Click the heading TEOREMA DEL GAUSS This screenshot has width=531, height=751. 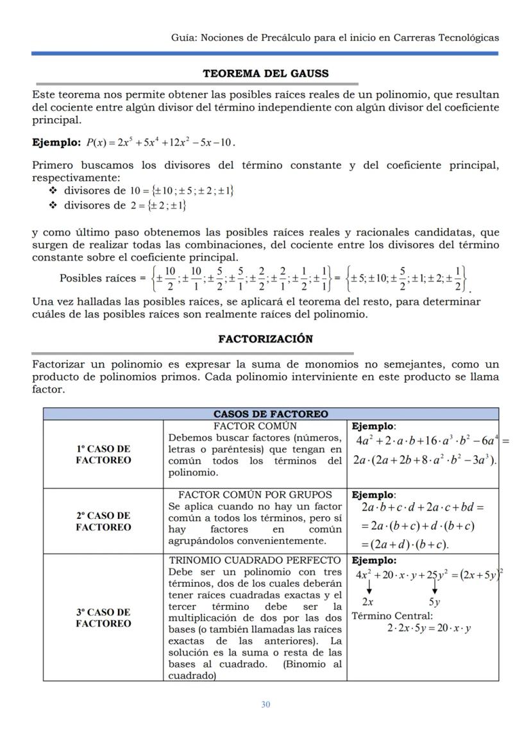(x=265, y=74)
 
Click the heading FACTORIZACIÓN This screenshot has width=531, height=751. (x=265, y=339)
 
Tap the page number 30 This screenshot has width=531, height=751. (x=265, y=704)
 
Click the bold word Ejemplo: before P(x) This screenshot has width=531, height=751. (x=56, y=142)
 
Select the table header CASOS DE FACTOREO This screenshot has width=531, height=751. (x=270, y=414)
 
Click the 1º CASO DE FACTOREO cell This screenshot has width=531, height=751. (x=103, y=454)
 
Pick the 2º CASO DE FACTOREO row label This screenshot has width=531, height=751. (x=103, y=521)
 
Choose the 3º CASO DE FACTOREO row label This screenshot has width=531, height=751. (x=103, y=618)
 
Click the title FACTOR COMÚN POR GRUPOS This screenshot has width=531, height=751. (x=255, y=494)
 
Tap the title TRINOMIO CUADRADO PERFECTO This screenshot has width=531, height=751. (x=255, y=560)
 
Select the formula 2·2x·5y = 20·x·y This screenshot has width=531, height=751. (x=428, y=629)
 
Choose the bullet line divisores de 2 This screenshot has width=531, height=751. (x=125, y=205)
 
